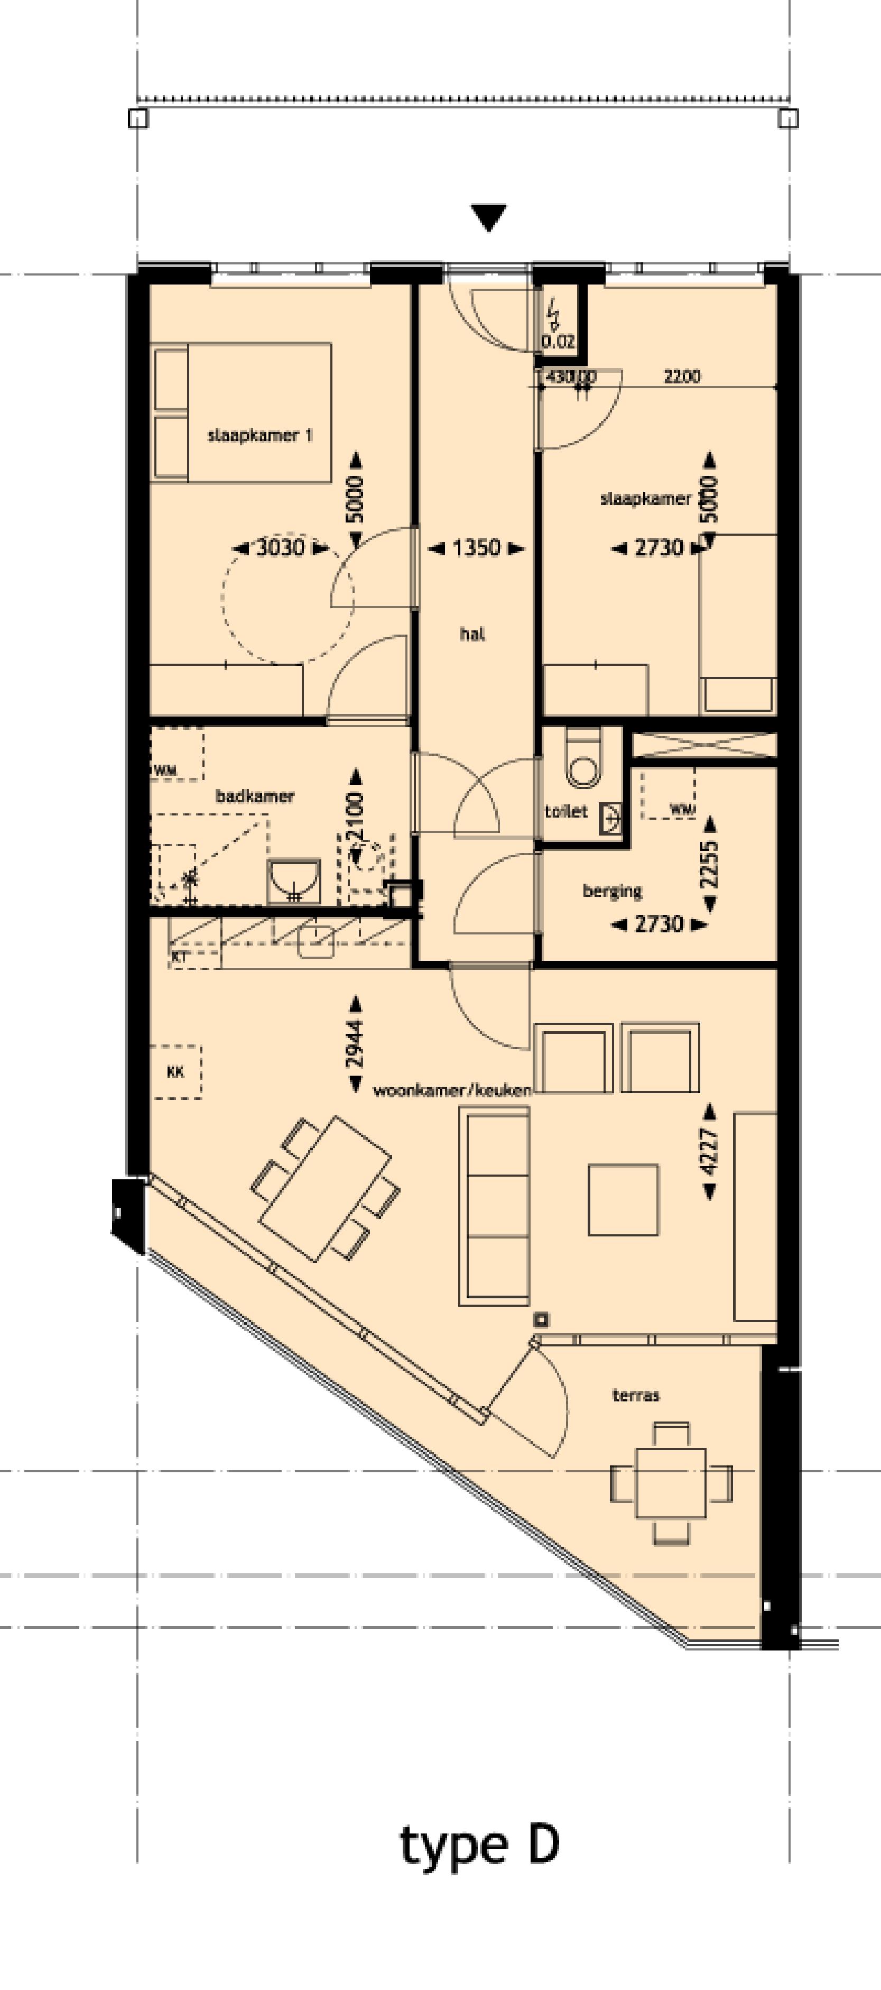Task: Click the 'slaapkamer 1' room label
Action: tap(259, 435)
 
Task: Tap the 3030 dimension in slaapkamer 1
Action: tap(280, 548)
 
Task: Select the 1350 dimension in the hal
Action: tap(476, 548)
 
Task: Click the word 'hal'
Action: tap(472, 634)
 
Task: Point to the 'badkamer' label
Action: tap(254, 796)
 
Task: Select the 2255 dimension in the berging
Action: tap(709, 864)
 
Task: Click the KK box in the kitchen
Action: tap(176, 1071)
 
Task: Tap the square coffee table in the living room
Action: tap(623, 1200)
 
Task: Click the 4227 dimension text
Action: tap(709, 1152)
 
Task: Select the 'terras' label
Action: tap(635, 1395)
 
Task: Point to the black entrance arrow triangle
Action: tap(489, 216)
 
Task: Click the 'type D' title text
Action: tap(479, 1845)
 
